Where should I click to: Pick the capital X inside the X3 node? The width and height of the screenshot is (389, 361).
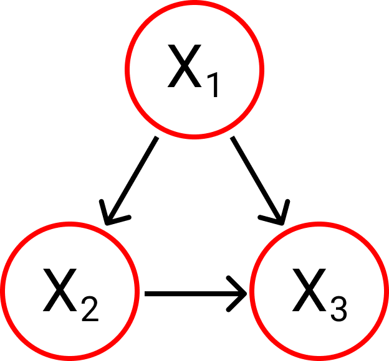310,291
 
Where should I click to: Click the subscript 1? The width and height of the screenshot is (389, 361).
213,85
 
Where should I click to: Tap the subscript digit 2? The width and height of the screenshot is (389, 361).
89,308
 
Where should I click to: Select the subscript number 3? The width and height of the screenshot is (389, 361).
339,308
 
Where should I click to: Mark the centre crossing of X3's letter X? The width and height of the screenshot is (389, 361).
310,291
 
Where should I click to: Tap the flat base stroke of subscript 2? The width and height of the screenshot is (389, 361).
90,319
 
